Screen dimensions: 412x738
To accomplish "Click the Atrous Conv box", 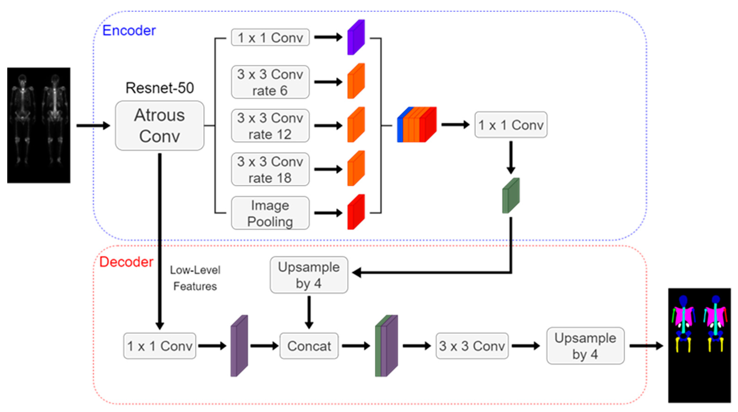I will click(159, 126).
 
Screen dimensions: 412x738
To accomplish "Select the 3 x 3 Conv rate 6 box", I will click(270, 82).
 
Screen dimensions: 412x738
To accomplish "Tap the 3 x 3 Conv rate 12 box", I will click(270, 126).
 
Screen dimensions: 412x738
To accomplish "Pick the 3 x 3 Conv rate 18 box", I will click(270, 169).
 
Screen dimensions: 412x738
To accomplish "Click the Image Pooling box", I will click(270, 213).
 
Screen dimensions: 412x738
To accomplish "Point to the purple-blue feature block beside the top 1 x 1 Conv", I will click(356, 37).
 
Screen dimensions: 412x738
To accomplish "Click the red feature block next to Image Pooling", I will click(356, 212).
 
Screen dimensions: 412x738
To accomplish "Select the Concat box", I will click(309, 346).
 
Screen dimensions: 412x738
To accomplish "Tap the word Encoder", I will click(129, 30).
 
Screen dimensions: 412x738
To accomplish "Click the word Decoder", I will click(126, 262).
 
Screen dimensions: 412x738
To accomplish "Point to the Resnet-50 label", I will click(159, 88).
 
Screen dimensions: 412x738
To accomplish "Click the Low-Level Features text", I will click(195, 278).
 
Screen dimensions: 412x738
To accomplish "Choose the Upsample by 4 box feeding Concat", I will click(309, 275).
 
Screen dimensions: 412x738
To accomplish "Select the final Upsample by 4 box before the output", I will click(585, 346).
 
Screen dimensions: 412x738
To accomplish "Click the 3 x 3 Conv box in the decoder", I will click(472, 346).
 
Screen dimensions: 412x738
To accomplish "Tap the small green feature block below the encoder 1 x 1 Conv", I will click(511, 196).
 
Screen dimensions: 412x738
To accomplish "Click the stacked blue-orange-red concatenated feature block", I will click(417, 125).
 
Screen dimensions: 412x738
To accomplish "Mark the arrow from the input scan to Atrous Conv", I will click(93, 126).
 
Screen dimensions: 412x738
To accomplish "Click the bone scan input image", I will click(39, 125).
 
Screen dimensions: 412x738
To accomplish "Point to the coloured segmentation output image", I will click(699, 345).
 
